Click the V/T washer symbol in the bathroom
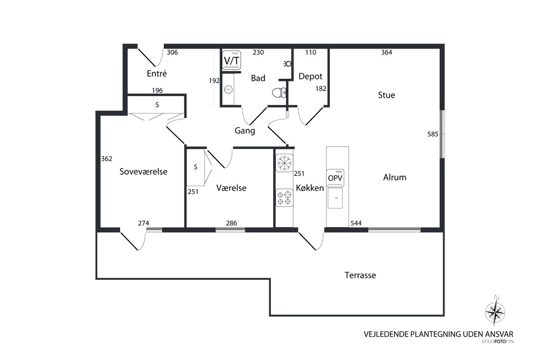pyautogui.click(x=231, y=60)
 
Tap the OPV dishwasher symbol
pyautogui.click(x=335, y=178)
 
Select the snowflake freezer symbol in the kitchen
pyautogui.click(x=284, y=163)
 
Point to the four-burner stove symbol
pyautogui.click(x=284, y=198)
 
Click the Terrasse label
pyautogui.click(x=360, y=276)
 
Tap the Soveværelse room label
pyautogui.click(x=143, y=172)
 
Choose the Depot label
pyautogui.click(x=310, y=76)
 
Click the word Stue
pyautogui.click(x=386, y=95)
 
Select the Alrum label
pyautogui.click(x=394, y=177)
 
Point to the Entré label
pyautogui.click(x=157, y=73)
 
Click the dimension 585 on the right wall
pyautogui.click(x=433, y=135)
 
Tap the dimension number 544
pyautogui.click(x=356, y=223)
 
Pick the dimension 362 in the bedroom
pyautogui.click(x=107, y=159)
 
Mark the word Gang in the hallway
pyautogui.click(x=245, y=131)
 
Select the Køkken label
pyautogui.click(x=310, y=188)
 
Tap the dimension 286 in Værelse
pyautogui.click(x=231, y=223)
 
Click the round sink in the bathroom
pyautogui.click(x=228, y=89)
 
